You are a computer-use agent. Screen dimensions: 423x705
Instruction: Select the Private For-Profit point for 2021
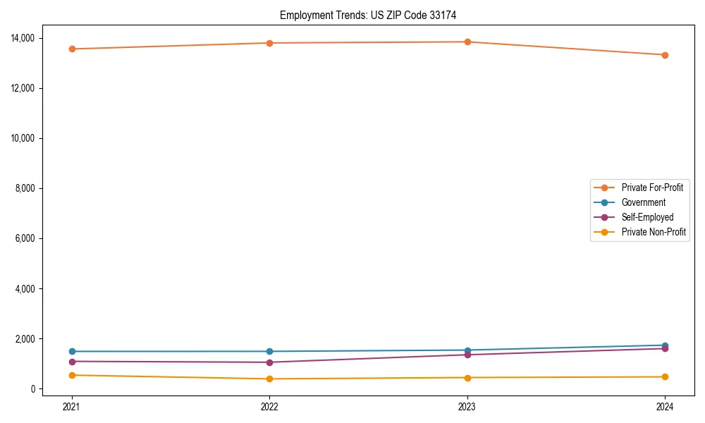click(72, 49)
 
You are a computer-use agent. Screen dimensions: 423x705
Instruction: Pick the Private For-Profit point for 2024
click(665, 55)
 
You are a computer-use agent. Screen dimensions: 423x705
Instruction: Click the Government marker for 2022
click(269, 351)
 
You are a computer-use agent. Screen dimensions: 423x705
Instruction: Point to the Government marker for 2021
click(72, 351)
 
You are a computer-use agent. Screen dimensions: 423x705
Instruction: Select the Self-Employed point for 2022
click(269, 362)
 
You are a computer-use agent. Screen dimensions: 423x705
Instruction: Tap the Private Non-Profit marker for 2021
click(72, 375)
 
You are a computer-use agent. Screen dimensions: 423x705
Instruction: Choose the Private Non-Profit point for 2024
click(665, 376)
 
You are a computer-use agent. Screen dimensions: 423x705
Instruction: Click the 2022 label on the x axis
click(269, 406)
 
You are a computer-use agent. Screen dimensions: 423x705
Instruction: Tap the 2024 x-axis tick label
click(665, 406)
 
